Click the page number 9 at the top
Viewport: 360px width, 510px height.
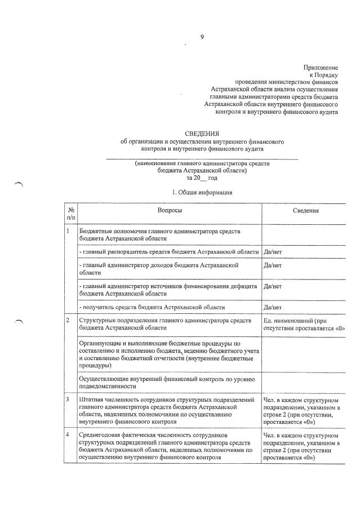tap(201, 37)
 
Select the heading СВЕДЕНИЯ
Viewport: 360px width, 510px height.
tap(201, 133)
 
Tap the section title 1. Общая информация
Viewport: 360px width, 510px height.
tap(202, 192)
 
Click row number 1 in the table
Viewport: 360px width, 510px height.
tap(68, 231)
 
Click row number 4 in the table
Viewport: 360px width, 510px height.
tap(68, 436)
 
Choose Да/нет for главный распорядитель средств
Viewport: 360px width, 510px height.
tap(272, 251)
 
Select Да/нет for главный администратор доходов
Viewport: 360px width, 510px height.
tap(272, 265)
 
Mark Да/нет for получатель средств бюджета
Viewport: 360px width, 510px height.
tap(272, 307)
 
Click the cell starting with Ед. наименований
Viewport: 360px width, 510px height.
tap(304, 324)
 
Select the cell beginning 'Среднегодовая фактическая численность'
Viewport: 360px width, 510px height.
tap(168, 446)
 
